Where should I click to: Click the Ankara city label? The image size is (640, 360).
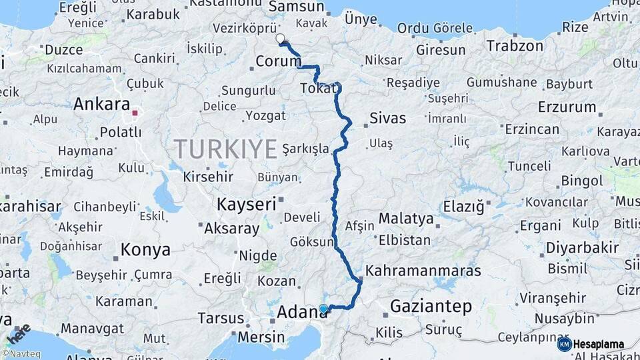(x=101, y=104)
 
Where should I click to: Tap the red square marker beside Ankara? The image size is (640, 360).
(x=135, y=113)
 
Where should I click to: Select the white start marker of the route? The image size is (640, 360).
(x=280, y=39)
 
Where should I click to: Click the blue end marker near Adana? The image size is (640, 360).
(x=323, y=308)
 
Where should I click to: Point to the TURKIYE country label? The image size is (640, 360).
(x=225, y=148)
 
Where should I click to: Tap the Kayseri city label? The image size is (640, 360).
(x=245, y=204)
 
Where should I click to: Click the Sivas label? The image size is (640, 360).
(x=387, y=118)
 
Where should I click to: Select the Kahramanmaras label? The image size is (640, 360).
(x=423, y=271)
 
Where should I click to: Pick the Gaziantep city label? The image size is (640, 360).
(x=431, y=307)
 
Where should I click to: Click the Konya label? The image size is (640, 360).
(x=145, y=250)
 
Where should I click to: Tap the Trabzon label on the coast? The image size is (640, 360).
(x=515, y=46)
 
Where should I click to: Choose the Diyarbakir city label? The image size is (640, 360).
(x=583, y=247)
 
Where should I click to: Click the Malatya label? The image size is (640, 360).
(x=406, y=218)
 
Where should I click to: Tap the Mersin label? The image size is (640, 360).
(x=261, y=337)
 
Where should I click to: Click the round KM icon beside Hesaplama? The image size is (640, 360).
(x=564, y=344)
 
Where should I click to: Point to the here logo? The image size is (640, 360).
(x=19, y=333)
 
